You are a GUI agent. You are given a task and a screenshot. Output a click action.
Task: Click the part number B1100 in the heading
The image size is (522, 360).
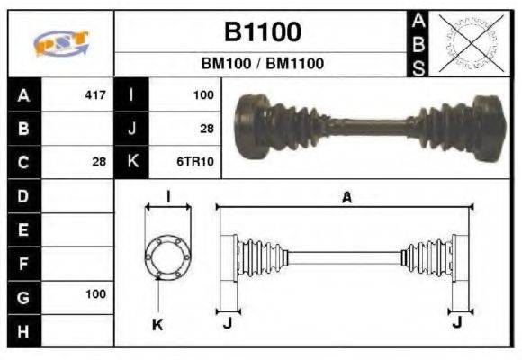coord(262,33)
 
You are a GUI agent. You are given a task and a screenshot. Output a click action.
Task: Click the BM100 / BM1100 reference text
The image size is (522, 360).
coord(262,64)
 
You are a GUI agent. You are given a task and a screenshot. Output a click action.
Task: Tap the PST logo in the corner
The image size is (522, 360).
coord(61,43)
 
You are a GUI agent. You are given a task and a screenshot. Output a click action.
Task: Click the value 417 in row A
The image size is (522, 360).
coord(94,94)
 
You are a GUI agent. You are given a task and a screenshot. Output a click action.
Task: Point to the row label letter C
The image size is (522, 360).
coord(23,162)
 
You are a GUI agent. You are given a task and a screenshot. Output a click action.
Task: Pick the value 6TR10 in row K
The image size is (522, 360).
coord(193,162)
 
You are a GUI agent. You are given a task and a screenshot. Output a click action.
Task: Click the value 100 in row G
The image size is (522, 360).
coord(94,294)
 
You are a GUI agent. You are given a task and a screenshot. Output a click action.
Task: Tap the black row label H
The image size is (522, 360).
coord(23,330)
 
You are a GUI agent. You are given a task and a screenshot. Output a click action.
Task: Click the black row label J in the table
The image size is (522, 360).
coord(132,128)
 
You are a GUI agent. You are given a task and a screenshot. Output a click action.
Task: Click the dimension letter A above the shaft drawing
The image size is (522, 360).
coord(346,198)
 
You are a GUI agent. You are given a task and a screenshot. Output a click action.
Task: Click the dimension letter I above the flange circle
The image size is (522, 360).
coord(168,196)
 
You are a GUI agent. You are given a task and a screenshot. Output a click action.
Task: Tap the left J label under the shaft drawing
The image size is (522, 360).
coord(227,321)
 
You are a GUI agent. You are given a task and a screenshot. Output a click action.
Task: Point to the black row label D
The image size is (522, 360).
coord(23,195)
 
